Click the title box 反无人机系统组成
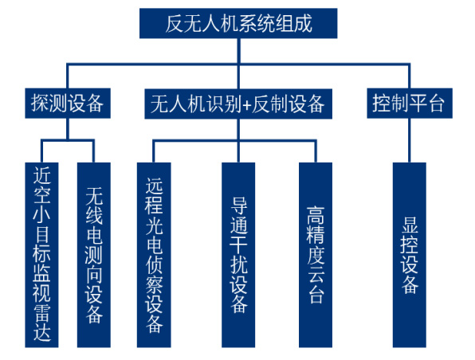coord(238,23)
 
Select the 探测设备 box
coord(68,104)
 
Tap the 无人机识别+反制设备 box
coord(238,104)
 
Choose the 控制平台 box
coord(410,104)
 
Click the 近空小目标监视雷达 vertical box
coord(41,255)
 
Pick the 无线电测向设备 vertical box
coord(94,255)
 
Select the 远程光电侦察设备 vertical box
coord(154,255)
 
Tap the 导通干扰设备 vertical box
coord(238,255)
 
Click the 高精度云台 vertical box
coord(316,255)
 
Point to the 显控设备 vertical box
coord(410,255)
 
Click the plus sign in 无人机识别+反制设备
coord(247,104)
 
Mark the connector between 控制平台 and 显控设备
coord(410,140)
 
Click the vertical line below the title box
coord(238,64)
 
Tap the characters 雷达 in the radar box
coord(41,323)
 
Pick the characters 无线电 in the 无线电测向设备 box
coord(94,216)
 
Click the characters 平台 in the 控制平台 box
coord(427,104)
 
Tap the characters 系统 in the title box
coord(257,23)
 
